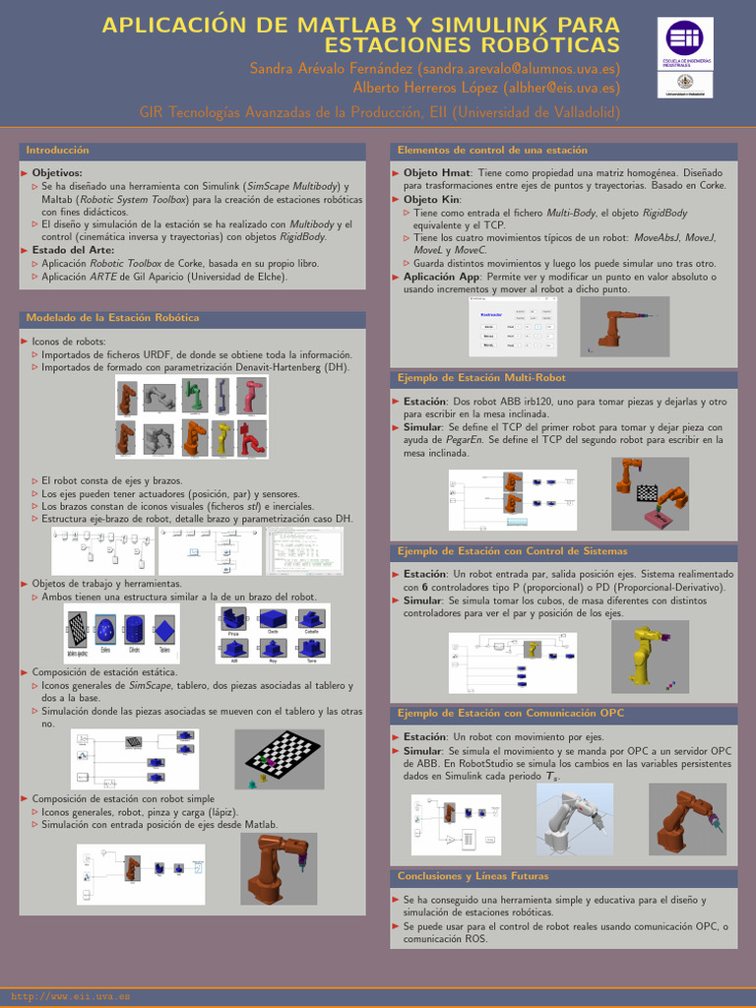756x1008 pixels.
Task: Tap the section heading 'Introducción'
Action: click(x=57, y=151)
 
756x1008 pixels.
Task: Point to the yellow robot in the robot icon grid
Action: click(x=223, y=437)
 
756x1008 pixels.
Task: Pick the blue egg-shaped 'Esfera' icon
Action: click(x=105, y=628)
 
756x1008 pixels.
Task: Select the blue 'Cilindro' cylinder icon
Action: click(x=135, y=628)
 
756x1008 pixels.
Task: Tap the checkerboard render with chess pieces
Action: click(x=284, y=759)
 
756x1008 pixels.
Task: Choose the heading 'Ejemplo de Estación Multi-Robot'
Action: click(x=481, y=378)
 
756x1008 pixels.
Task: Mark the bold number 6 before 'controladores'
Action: click(x=424, y=587)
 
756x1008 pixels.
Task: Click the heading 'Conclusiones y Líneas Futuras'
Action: click(x=472, y=876)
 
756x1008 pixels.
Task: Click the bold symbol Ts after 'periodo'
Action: click(x=553, y=777)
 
